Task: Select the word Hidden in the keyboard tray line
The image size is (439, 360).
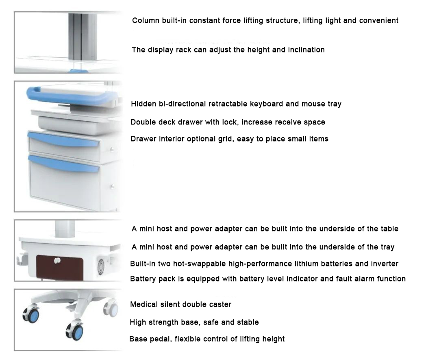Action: pyautogui.click(x=143, y=104)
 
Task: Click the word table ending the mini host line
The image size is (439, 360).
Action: pyautogui.click(x=388, y=229)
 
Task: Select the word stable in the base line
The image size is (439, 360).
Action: pyautogui.click(x=247, y=322)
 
